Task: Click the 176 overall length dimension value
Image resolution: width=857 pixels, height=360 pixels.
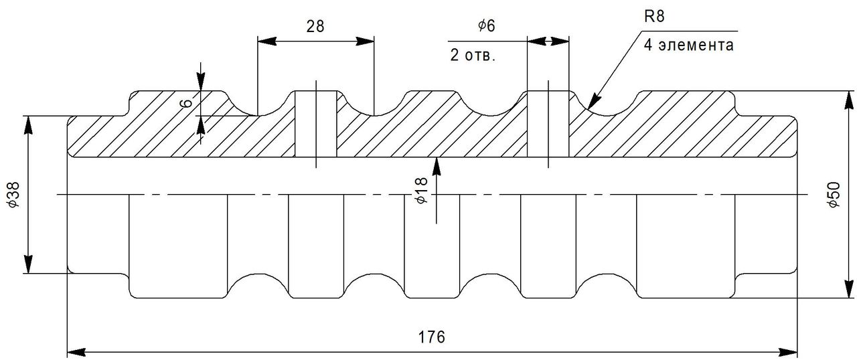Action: pos(431,337)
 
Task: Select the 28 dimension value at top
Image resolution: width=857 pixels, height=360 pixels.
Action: pos(315,26)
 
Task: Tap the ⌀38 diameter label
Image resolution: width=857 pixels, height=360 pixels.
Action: pos(13,195)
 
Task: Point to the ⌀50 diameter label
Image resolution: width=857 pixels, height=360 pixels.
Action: pos(834,195)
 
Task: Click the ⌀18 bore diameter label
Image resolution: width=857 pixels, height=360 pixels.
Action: pos(421,190)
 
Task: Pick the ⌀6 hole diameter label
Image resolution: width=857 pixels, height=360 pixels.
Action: pos(486,25)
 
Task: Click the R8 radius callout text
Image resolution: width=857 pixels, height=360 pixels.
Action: pos(654,17)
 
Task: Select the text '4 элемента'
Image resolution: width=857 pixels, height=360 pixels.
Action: pos(689,45)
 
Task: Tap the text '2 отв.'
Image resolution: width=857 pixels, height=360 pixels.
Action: pos(473,56)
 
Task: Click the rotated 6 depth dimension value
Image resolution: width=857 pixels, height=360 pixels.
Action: pos(186,103)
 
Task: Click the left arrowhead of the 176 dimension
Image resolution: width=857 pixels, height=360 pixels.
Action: pos(76,351)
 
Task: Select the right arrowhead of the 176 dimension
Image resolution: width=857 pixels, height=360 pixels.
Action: pos(788,351)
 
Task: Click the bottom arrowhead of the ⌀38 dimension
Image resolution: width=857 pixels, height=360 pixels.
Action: pos(28,264)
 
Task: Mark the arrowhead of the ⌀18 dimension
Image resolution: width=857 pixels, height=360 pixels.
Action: pos(437,166)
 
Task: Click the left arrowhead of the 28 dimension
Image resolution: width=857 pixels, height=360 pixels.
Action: pos(266,41)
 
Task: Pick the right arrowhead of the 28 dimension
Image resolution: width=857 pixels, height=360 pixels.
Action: pos(365,41)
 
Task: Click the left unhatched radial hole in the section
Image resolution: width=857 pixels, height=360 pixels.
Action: pos(315,124)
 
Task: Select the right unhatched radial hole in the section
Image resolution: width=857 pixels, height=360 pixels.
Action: pos(548,124)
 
